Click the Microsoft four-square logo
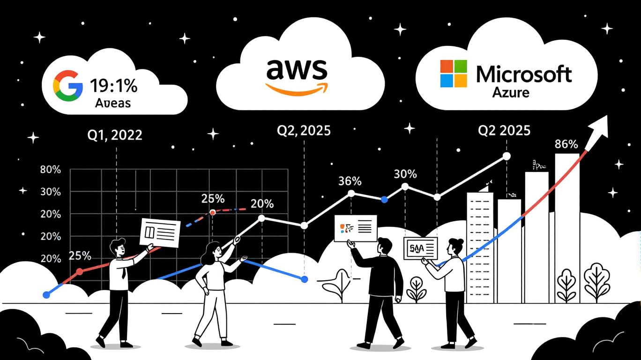pos(454,73)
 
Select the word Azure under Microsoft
pos(510,92)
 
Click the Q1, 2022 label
pos(115,135)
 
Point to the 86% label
pos(566,144)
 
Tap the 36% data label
pos(350,181)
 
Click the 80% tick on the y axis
pos(51,170)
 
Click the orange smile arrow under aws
pos(297,88)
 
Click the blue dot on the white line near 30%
pos(384,200)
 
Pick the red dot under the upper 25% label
pos(213,212)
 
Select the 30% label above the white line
pos(405,174)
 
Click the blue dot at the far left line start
pos(46,295)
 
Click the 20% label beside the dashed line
pos(262,204)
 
